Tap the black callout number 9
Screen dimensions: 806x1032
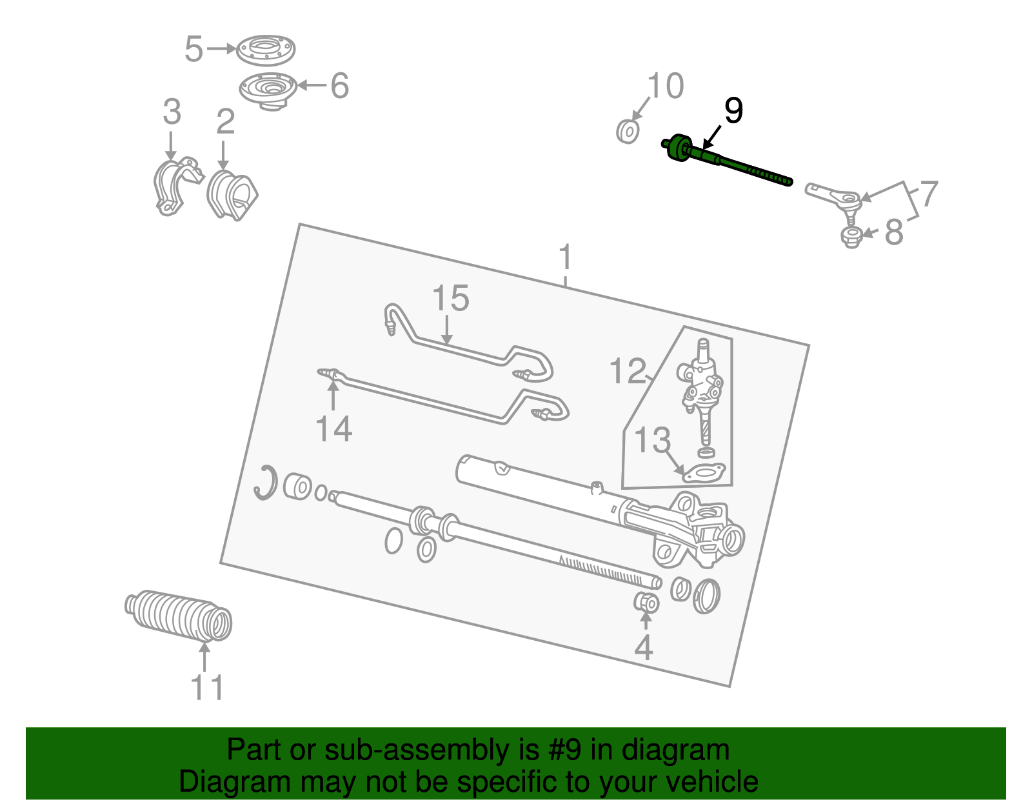tap(733, 111)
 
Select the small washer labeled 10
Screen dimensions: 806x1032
tap(627, 132)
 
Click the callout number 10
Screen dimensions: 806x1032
tap(665, 86)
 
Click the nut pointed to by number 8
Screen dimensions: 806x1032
tap(852, 237)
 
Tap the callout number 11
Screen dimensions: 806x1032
tap(207, 688)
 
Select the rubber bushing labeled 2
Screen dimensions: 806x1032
tap(231, 195)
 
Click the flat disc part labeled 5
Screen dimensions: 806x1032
tap(265, 50)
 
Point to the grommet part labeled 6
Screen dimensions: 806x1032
tap(268, 91)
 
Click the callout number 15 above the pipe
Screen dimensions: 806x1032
tap(450, 299)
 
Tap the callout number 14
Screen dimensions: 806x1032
tap(333, 429)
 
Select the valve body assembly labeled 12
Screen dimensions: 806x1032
tap(702, 387)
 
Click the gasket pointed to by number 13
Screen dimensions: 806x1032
tap(703, 473)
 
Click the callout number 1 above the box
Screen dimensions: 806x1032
tap(565, 258)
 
